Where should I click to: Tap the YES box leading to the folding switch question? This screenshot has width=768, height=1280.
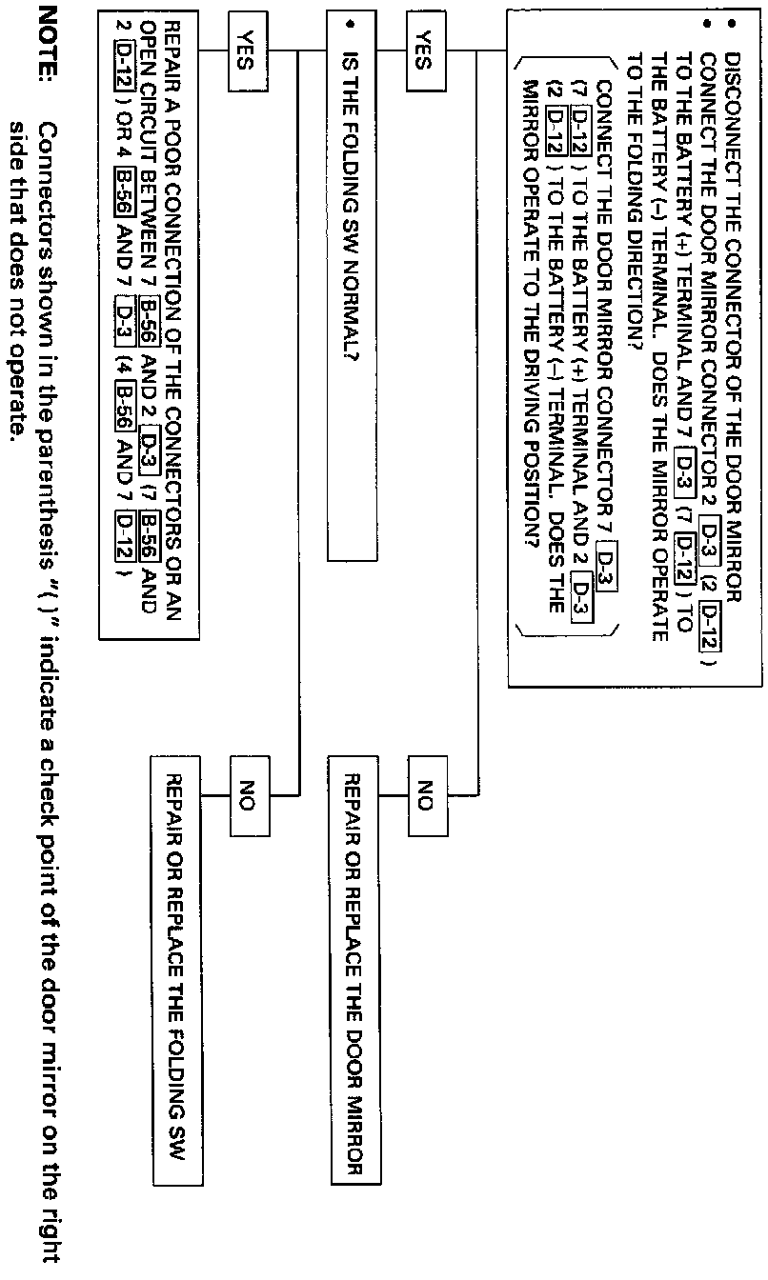[421, 50]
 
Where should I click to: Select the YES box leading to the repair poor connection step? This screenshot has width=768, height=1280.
[244, 50]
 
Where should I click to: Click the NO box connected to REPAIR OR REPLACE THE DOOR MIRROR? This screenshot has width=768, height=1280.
[421, 790]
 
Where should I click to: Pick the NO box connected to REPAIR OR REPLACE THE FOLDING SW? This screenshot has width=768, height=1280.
[244, 790]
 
